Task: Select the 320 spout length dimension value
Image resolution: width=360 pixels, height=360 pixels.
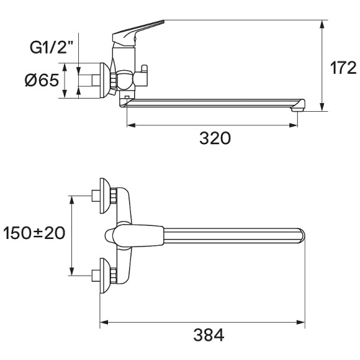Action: tap(215, 138)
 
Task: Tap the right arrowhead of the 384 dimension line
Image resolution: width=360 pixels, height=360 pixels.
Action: tap(302, 322)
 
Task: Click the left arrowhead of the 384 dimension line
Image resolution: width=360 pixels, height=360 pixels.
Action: tap(103, 322)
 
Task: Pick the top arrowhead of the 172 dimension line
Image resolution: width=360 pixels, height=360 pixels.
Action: tap(323, 24)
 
